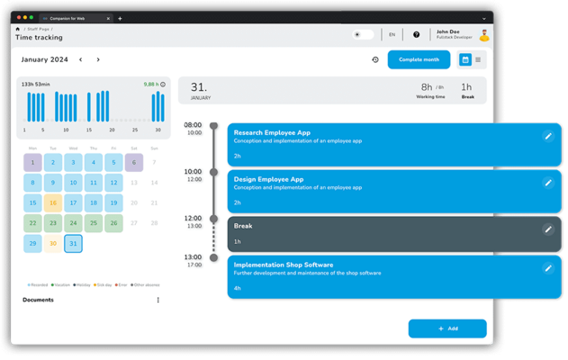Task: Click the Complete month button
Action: coord(419,59)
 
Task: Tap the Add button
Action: coord(447,328)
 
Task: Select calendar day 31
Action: coord(73,244)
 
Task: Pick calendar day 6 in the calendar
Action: coord(134,163)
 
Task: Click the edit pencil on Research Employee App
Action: coord(548,136)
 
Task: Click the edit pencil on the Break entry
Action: coord(548,229)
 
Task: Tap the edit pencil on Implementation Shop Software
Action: coord(548,268)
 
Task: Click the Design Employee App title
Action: coord(268,179)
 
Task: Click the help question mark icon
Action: coord(416,35)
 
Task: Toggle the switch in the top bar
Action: coord(363,35)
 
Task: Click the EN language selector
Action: coord(392,35)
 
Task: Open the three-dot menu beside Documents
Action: coord(158,301)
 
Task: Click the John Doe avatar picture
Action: coord(484,36)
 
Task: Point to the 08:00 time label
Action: coord(193,125)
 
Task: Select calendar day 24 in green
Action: coord(73,223)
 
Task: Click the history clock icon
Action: coord(375,60)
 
